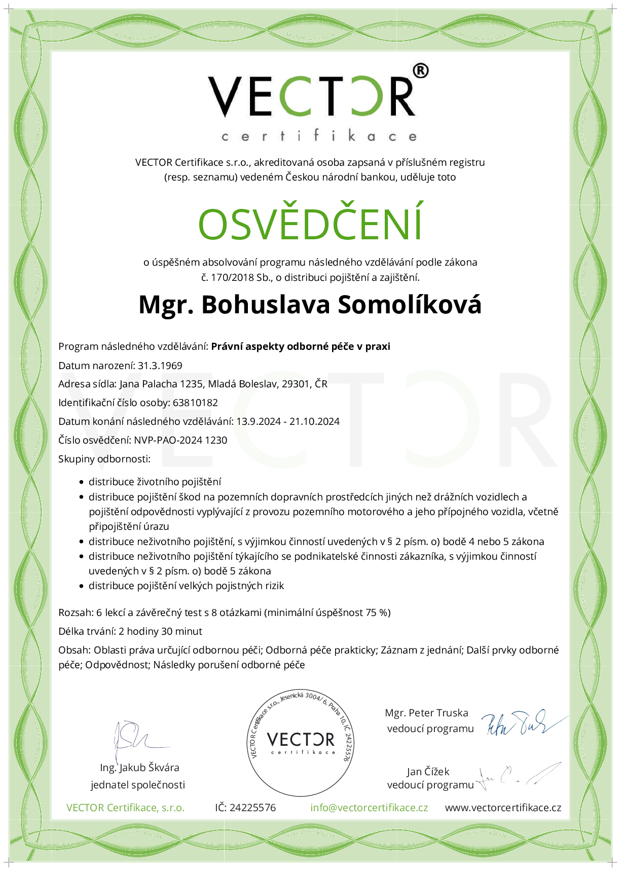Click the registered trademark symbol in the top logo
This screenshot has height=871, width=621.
coord(420,71)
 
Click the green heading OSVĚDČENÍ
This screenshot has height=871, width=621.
coord(310,224)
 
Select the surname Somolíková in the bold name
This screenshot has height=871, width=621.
coord(409,305)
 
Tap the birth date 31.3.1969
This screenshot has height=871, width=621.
coord(160,366)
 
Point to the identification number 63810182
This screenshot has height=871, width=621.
coord(195,403)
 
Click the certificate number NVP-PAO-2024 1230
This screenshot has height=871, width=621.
coord(180,440)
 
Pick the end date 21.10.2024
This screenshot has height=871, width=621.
coord(314,421)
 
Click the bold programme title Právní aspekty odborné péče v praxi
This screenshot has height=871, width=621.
coord(301,347)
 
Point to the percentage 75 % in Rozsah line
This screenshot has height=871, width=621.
coord(377,612)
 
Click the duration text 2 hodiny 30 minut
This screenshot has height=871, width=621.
coord(160,631)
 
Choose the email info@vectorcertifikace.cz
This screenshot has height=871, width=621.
coord(369,808)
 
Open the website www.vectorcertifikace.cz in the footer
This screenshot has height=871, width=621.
coord(503,808)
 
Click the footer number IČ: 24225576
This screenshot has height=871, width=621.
coord(245,808)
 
